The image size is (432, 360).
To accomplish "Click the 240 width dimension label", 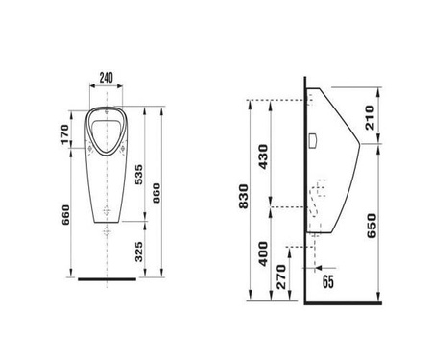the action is point(107,78).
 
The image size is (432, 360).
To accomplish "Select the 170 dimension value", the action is point(65,134).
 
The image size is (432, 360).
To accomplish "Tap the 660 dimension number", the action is point(65,215).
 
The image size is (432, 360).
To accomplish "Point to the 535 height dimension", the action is point(138,175).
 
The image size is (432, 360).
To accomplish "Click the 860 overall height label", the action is point(156,193).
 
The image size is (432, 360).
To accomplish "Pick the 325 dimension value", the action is point(138,252).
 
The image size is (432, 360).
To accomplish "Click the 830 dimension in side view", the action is point(244,197).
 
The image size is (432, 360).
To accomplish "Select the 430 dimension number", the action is point(263,156).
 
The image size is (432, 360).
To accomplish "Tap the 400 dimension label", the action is point(263,253).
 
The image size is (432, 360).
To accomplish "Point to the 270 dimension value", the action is point(281,276).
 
